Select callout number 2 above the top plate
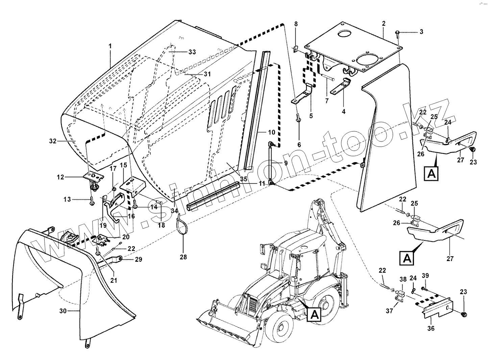coord(384,24)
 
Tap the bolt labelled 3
coord(398,33)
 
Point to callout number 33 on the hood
coord(192,52)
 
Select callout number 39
coord(425,276)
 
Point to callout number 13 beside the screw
coord(67,200)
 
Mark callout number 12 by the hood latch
coord(60,177)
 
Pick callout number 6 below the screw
coord(299,145)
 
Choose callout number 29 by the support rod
coord(129,259)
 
